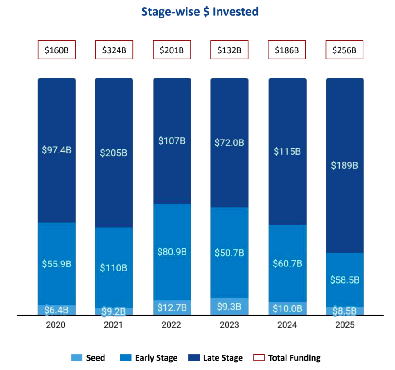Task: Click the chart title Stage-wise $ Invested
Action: (200, 12)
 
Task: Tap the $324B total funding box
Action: (114, 50)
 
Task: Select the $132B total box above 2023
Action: (229, 50)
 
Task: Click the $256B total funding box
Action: (344, 50)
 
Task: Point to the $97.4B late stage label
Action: (57, 150)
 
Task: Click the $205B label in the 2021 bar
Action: (114, 153)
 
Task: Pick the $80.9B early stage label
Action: (172, 252)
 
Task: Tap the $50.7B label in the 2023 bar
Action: (229, 253)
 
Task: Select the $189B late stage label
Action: (345, 165)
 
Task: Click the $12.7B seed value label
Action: (172, 307)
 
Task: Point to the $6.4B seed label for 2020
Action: (57, 310)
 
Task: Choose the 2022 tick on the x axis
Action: (172, 325)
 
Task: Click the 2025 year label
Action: (345, 325)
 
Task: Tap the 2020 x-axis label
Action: (56, 325)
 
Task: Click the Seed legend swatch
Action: (77, 358)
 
